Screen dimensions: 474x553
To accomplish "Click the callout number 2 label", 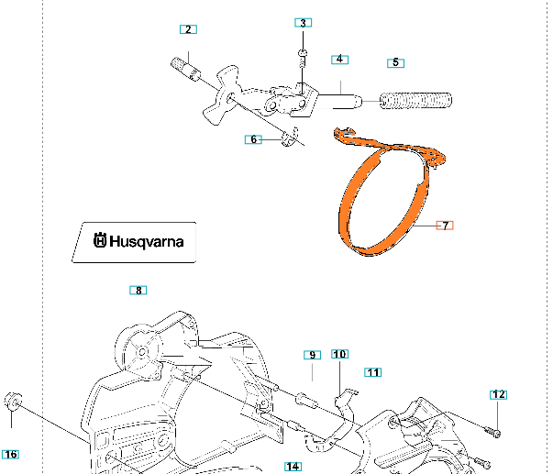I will pos(188,29).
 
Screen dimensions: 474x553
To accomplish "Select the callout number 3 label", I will pos(304,22).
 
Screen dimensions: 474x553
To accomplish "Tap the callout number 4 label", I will pos(339,59).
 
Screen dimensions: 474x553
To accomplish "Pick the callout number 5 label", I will pos(396,62).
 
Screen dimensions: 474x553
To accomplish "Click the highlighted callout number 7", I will pos(445,225).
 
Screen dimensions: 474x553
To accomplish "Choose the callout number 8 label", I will pos(138,291).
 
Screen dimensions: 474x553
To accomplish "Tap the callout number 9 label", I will pos(312,355).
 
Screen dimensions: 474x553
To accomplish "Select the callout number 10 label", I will pos(339,354).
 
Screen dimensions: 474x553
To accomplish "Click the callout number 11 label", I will pos(372,371).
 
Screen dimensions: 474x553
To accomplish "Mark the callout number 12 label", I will pos(498,394).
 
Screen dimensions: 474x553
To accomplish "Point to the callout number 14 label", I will pos(293,467).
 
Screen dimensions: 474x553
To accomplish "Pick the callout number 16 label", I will pos(10,454).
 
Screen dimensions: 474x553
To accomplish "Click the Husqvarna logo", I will pos(134,242).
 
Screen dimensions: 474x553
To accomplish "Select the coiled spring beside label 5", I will pos(416,101).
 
